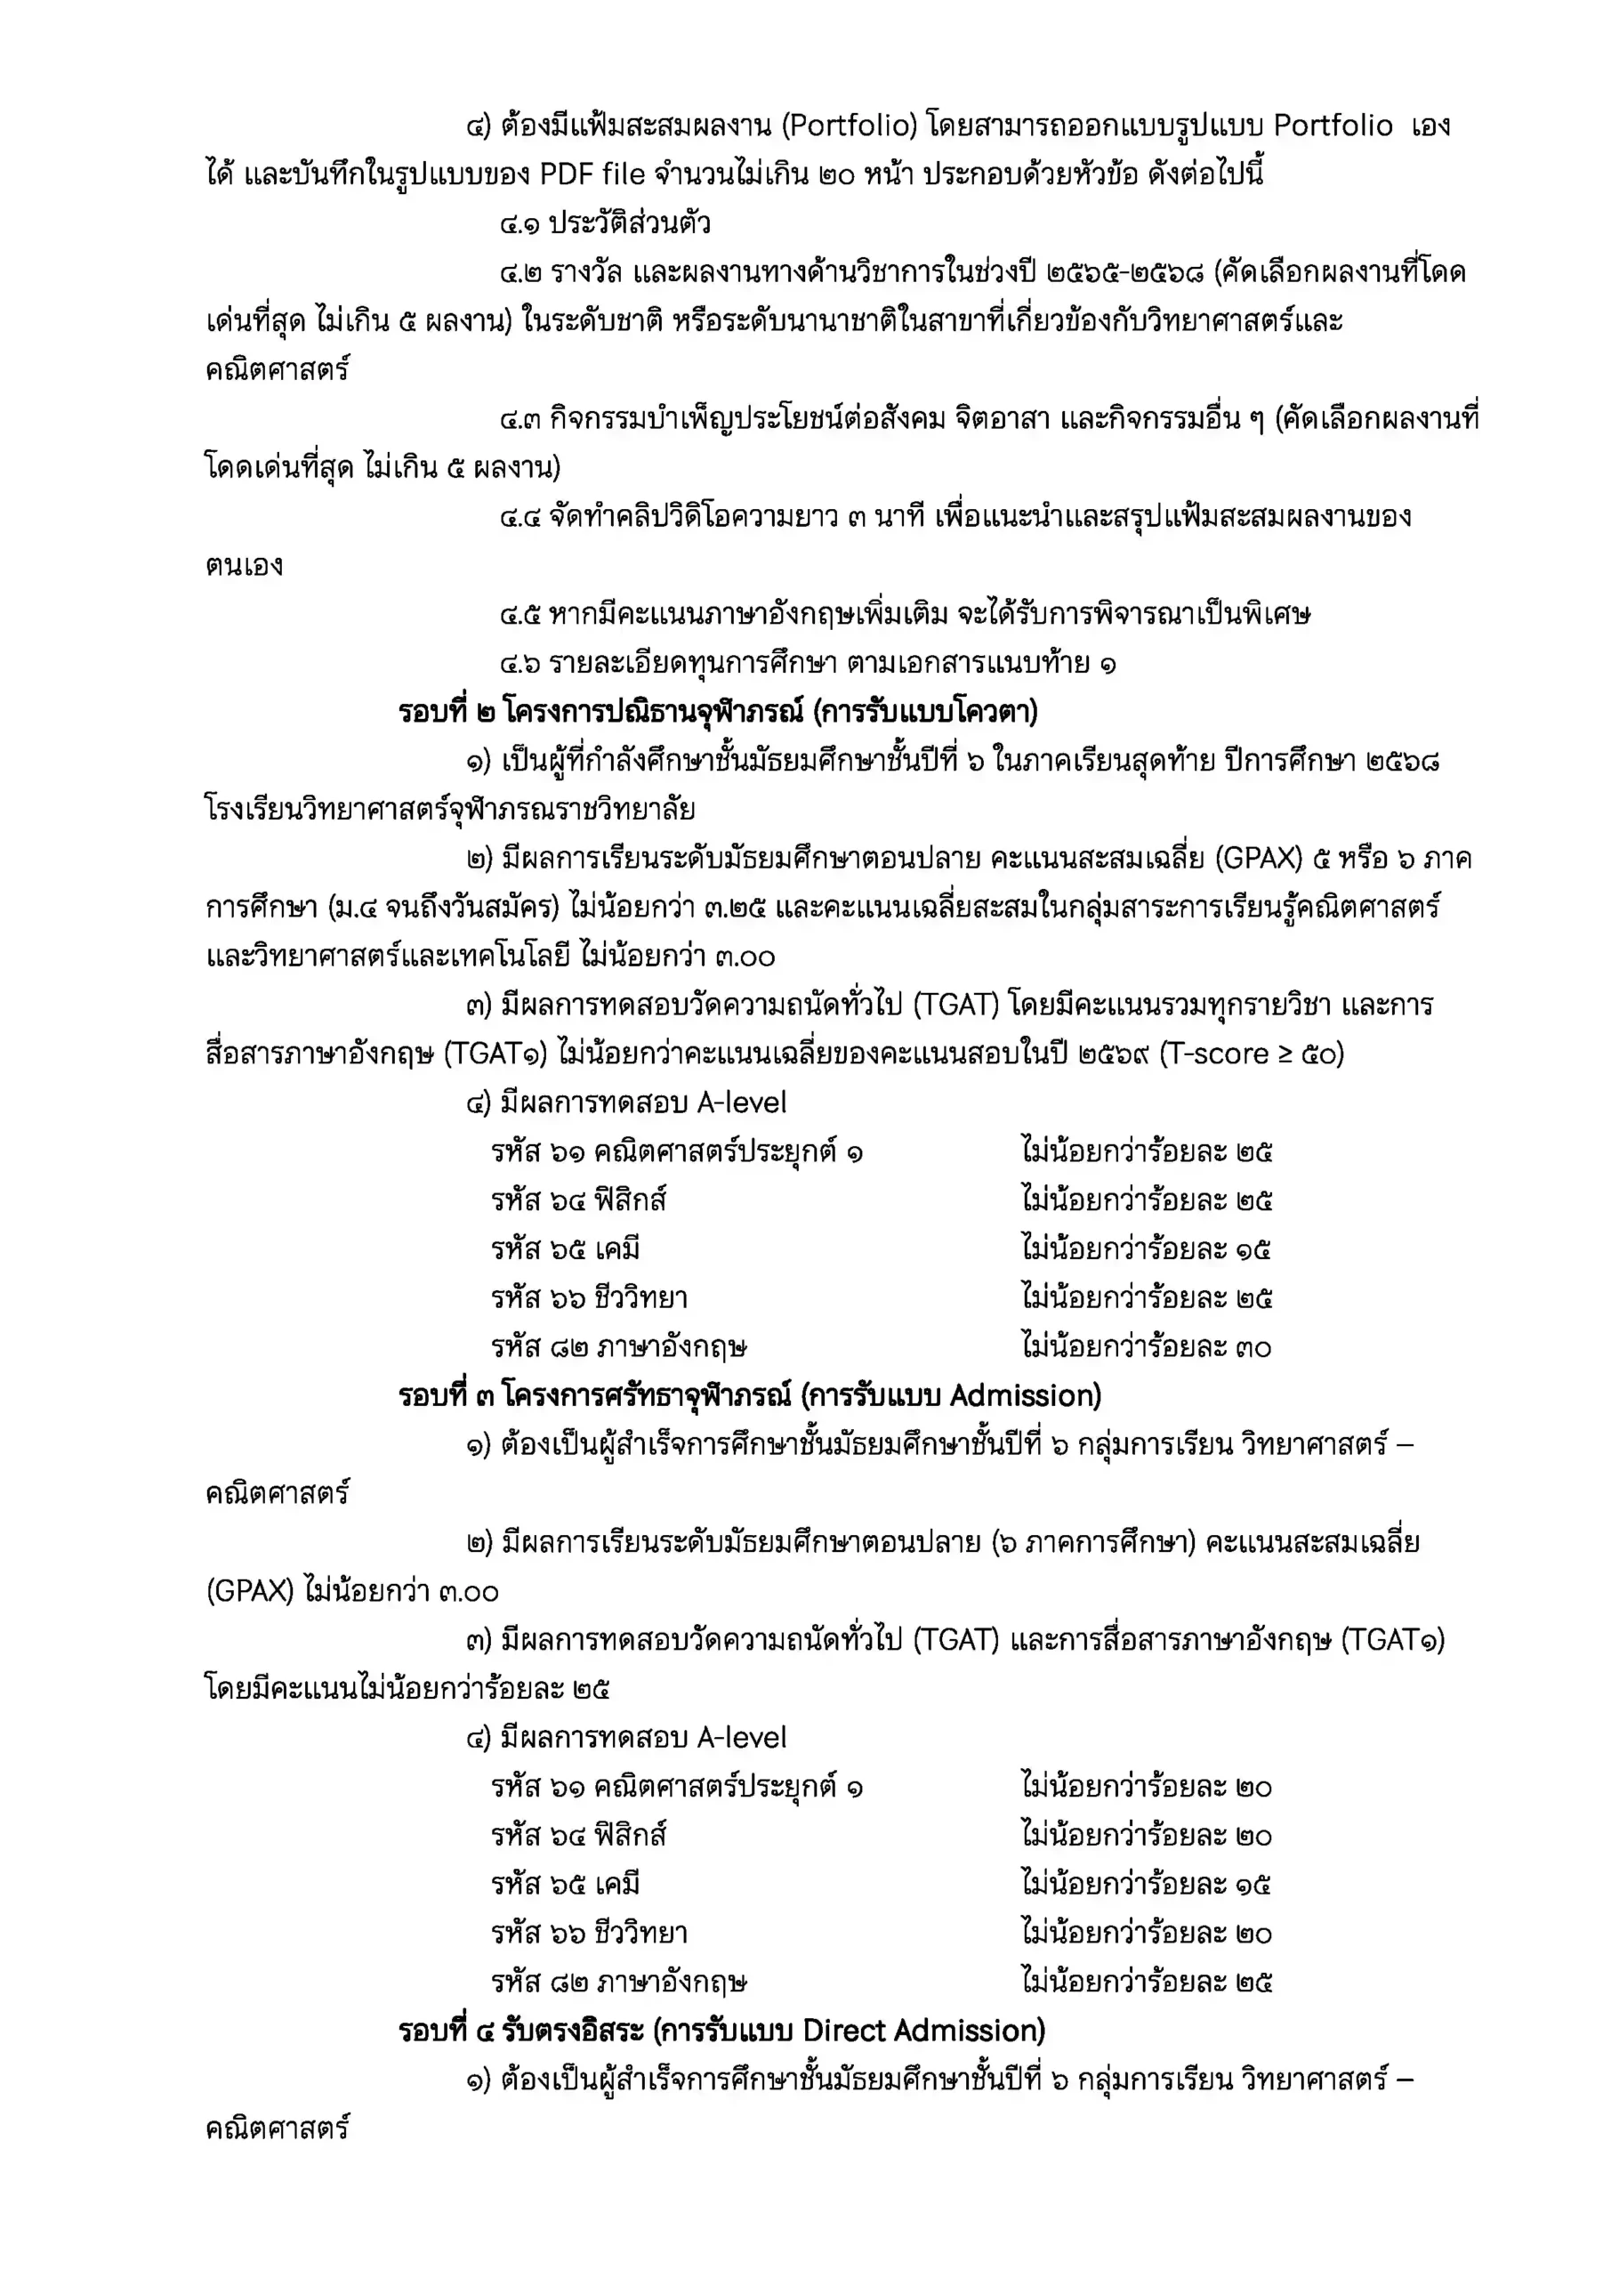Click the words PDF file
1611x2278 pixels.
pyautogui.click(x=592, y=174)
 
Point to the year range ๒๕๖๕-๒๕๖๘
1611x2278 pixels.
pyautogui.click(x=1125, y=272)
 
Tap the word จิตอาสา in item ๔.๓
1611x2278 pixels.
pyautogui.click(x=1003, y=419)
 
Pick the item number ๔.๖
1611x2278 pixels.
pyautogui.click(x=520, y=663)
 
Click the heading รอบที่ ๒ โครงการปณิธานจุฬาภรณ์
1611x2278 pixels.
pyautogui.click(x=718, y=713)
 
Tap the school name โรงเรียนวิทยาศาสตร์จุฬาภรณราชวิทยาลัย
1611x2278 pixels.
pyautogui.click(x=450, y=810)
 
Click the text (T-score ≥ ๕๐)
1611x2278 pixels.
pyautogui.click(x=1251, y=1054)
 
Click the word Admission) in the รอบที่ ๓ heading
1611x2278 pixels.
pyautogui.click(x=1026, y=1396)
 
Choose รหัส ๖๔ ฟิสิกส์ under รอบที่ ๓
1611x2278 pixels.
pyautogui.click(x=578, y=1836)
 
